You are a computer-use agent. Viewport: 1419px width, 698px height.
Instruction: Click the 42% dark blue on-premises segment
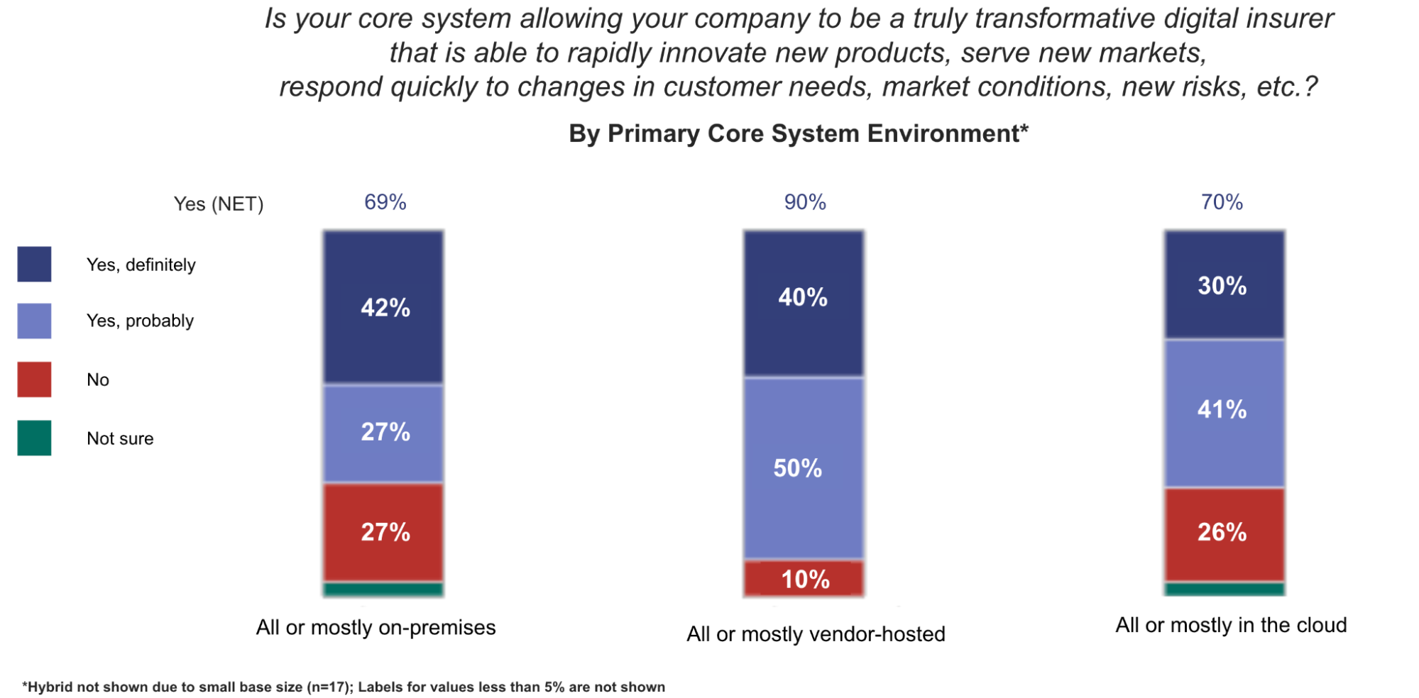point(383,307)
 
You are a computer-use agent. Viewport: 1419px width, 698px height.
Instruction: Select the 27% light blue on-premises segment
point(383,433)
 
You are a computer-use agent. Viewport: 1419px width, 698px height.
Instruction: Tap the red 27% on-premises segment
point(383,532)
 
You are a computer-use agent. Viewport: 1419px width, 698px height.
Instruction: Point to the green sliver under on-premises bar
point(383,589)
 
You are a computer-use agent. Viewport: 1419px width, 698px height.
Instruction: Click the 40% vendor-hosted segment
point(804,303)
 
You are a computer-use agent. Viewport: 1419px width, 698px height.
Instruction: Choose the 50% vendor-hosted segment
point(804,468)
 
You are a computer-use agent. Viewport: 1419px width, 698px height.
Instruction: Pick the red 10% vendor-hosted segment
point(804,579)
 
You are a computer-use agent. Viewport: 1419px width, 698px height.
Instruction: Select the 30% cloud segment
point(1224,284)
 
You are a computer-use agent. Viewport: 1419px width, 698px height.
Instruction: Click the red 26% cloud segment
point(1224,533)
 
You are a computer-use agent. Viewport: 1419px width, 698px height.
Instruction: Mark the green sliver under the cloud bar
point(1224,589)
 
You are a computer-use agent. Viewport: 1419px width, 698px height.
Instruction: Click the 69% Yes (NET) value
point(385,202)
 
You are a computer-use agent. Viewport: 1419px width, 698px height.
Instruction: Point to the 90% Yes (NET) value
point(804,202)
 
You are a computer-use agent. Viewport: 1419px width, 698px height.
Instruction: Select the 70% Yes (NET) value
point(1222,202)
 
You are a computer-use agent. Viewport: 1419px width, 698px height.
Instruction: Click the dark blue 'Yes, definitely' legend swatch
point(34,264)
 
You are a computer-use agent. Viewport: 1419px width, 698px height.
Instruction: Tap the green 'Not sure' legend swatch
point(34,438)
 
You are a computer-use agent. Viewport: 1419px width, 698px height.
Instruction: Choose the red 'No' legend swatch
point(34,379)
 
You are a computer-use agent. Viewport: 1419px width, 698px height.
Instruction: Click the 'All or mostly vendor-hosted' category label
point(816,633)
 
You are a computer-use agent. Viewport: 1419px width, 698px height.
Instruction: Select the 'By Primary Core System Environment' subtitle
point(798,133)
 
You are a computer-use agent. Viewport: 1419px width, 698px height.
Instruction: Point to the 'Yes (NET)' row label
point(219,204)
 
